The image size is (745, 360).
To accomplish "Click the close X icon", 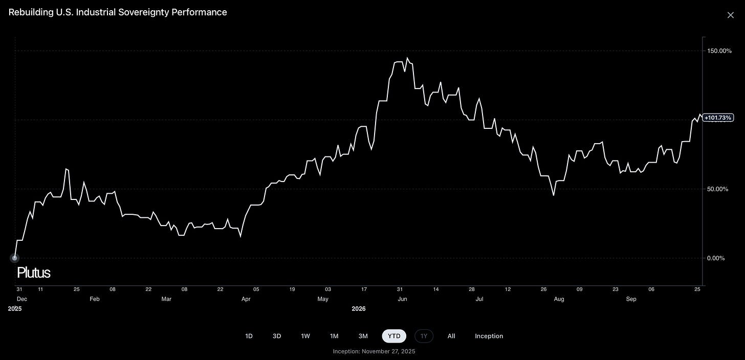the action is (x=730, y=15).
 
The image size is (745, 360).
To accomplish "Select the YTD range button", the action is (x=394, y=336).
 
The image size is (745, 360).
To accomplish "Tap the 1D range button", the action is (x=249, y=336).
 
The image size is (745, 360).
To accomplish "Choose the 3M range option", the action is (x=363, y=336).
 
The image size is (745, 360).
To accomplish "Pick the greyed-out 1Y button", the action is (x=424, y=336).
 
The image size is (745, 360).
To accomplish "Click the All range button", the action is (x=451, y=336).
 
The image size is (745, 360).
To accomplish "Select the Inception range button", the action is (x=489, y=336).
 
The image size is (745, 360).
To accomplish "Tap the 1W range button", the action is (x=305, y=336).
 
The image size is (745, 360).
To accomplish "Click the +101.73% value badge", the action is (x=718, y=118).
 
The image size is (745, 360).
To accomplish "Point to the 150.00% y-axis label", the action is (x=719, y=51).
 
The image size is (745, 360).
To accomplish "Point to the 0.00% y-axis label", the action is (x=716, y=258).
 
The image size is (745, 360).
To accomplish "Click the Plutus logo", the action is (x=34, y=273).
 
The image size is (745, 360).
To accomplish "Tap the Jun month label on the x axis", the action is (x=402, y=299).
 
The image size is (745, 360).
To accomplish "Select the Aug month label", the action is (x=559, y=299).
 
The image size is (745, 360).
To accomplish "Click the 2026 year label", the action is (x=359, y=309).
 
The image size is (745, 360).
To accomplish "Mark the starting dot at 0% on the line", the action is (x=15, y=258).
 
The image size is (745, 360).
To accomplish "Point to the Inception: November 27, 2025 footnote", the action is (x=374, y=351).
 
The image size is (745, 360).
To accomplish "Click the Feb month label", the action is (x=95, y=299).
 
